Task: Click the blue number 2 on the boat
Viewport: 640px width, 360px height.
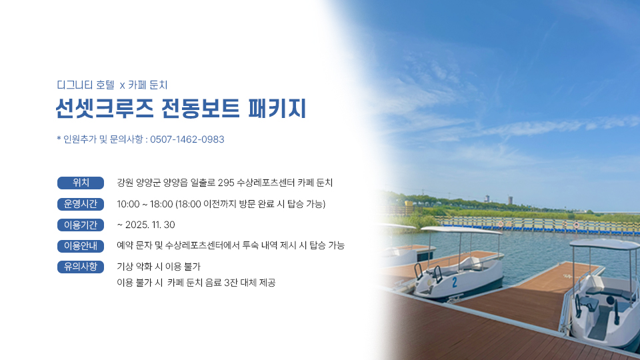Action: [454, 281]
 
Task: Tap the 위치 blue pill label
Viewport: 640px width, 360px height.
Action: [81, 183]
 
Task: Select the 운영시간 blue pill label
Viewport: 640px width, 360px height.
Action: [81, 204]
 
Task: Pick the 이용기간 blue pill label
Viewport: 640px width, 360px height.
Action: [81, 225]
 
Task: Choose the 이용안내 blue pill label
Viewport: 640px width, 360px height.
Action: [81, 246]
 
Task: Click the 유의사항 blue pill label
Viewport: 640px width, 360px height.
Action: [81, 267]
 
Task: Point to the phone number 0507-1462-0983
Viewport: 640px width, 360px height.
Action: [187, 139]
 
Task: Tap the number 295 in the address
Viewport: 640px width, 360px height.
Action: [226, 183]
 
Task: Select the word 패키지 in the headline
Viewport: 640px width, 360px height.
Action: [277, 109]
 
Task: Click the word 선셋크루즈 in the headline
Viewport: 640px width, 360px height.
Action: [105, 109]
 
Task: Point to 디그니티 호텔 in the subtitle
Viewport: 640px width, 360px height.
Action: [86, 85]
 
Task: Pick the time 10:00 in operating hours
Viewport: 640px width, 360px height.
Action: [128, 204]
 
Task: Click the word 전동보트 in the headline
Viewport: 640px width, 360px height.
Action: [201, 109]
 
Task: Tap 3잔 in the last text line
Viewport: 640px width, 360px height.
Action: [231, 283]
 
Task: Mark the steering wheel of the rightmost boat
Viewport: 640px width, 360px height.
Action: [610, 301]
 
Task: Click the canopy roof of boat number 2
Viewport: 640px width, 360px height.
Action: [461, 230]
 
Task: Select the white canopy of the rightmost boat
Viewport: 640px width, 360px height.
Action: [605, 244]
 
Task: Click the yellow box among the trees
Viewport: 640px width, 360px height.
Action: [409, 203]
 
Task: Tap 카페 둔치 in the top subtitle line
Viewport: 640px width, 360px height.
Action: [148, 85]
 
